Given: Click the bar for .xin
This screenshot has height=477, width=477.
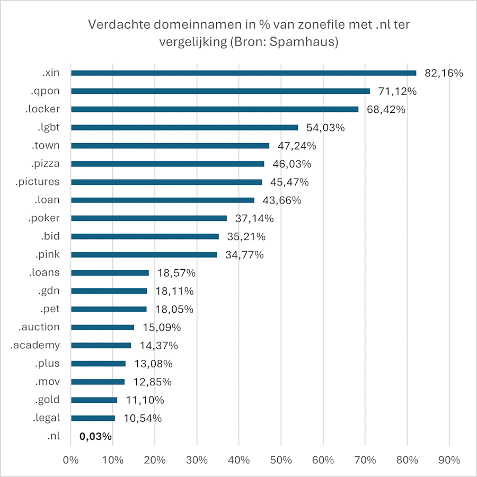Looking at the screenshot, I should (244, 73).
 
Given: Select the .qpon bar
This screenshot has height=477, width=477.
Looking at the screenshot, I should (220, 91).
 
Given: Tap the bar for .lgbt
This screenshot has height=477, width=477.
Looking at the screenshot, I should (184, 127).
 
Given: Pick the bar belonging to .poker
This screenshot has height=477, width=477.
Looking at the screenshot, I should (149, 218).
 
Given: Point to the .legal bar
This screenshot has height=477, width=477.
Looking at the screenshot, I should (93, 418).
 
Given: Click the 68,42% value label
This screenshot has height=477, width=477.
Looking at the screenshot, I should (385, 110).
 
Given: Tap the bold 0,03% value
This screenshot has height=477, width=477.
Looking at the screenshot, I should (95, 437).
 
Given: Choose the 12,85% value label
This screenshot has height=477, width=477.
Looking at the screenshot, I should (151, 382).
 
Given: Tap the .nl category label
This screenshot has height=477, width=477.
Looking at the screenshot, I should (53, 436).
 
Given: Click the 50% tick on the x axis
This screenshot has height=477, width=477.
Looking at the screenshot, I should (281, 460).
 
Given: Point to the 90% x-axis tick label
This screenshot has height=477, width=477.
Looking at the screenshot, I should (449, 460).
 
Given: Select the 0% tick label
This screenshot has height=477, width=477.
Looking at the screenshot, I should (70, 460).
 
